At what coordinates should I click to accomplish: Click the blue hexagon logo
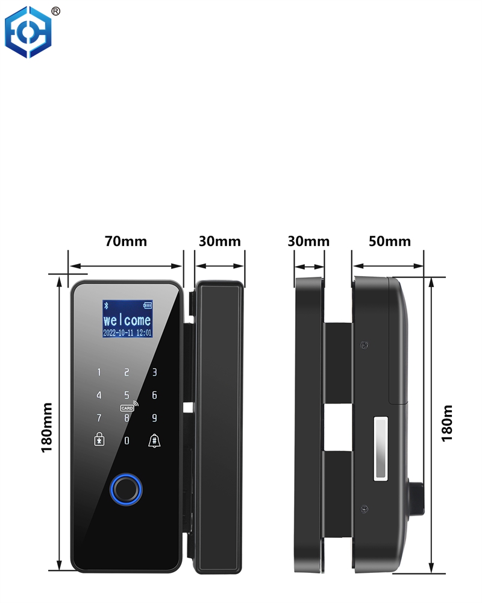point(28,32)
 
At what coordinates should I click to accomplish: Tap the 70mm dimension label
point(126,242)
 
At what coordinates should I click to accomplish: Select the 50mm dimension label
point(389,242)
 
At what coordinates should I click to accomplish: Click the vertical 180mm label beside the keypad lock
point(46,428)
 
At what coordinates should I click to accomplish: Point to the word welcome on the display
point(127,320)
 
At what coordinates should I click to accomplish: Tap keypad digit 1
point(99,372)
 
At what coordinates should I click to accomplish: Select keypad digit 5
point(127,395)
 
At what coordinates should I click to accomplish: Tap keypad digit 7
point(99,418)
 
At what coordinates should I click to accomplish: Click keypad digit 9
point(154,418)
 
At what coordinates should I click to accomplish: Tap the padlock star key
point(99,439)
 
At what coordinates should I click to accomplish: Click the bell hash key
point(154,440)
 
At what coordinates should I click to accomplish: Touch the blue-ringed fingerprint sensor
point(126,490)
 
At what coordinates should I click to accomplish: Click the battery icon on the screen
point(148,305)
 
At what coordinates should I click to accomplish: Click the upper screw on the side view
point(365,344)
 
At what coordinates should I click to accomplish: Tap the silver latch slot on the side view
point(381,449)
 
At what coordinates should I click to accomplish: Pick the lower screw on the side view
point(365,509)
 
